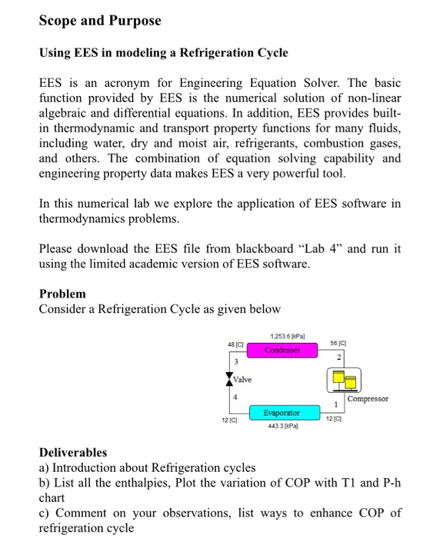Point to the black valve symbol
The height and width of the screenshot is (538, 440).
click(228, 379)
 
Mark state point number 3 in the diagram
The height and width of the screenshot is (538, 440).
click(236, 361)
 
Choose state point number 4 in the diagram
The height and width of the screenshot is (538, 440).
click(236, 397)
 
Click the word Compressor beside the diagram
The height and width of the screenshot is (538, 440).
click(368, 399)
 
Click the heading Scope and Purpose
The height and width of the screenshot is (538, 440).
click(100, 21)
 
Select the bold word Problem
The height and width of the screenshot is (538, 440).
click(62, 294)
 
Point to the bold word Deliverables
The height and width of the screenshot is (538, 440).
click(73, 452)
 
